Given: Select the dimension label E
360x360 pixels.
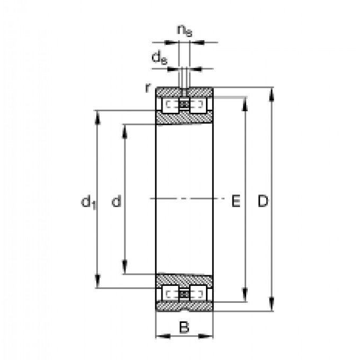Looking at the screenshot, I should (x=236, y=201).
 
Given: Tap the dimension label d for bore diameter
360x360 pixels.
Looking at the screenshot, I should (x=116, y=201).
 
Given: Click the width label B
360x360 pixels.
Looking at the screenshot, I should (x=184, y=328).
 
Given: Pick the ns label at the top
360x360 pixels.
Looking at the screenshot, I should (x=184, y=31).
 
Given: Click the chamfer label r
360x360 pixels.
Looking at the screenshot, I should (x=148, y=88).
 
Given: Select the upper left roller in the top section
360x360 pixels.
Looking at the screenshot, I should (x=170, y=105).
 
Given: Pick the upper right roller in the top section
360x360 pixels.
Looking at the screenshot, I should (x=197, y=105).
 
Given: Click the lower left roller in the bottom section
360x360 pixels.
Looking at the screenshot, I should (x=170, y=293).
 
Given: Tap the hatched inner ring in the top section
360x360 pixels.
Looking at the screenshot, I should (x=184, y=119).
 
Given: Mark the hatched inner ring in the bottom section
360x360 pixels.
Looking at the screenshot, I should (x=184, y=280).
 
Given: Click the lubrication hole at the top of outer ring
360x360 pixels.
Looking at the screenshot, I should (x=184, y=92).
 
